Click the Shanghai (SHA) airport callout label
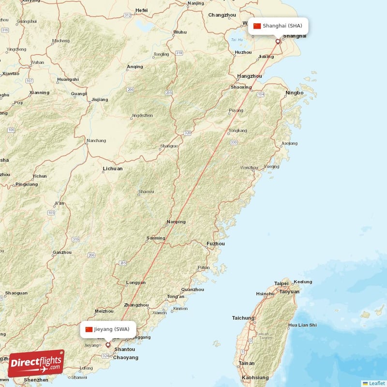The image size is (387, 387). (278, 26)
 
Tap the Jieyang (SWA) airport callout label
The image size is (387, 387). (108, 329)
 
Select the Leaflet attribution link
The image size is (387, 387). (373, 383)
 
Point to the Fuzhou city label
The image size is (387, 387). (215, 244)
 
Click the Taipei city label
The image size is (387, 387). (281, 283)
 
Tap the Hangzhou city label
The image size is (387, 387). (250, 76)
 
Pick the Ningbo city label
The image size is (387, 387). (294, 92)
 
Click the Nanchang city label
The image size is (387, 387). (96, 141)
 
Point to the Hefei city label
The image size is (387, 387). (141, 10)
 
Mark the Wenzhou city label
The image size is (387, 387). (249, 168)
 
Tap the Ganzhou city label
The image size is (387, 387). (62, 252)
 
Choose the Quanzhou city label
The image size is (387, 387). (192, 290)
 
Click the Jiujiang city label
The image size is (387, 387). (100, 100)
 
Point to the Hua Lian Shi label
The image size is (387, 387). (303, 325)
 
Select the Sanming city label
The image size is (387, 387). (156, 238)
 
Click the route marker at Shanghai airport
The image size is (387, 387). (278, 42)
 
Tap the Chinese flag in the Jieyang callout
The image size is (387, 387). (89, 329)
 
